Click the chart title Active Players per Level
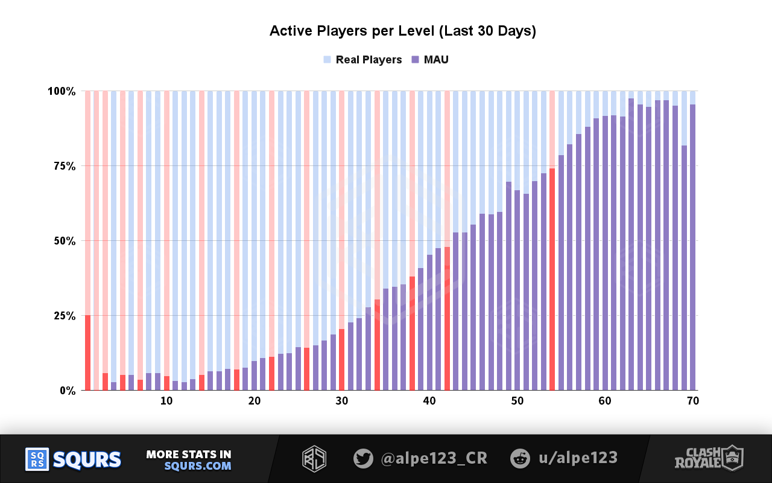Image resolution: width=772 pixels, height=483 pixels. (x=402, y=31)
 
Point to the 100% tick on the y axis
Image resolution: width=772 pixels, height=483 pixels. (x=62, y=91)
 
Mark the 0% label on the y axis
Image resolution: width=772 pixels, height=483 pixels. (x=67, y=391)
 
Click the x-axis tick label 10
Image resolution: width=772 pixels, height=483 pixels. (x=166, y=401)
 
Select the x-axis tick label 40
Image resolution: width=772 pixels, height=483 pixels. (x=429, y=401)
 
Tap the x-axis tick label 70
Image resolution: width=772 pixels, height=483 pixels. (x=693, y=401)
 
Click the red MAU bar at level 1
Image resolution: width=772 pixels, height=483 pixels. (x=87, y=353)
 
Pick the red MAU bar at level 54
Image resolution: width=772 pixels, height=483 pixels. (x=552, y=279)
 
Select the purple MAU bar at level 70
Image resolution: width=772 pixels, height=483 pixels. (x=693, y=248)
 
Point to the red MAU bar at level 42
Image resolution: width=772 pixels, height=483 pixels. (x=447, y=318)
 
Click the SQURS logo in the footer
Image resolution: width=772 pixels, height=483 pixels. (x=73, y=459)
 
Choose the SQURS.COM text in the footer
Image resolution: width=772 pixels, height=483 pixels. (x=198, y=466)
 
